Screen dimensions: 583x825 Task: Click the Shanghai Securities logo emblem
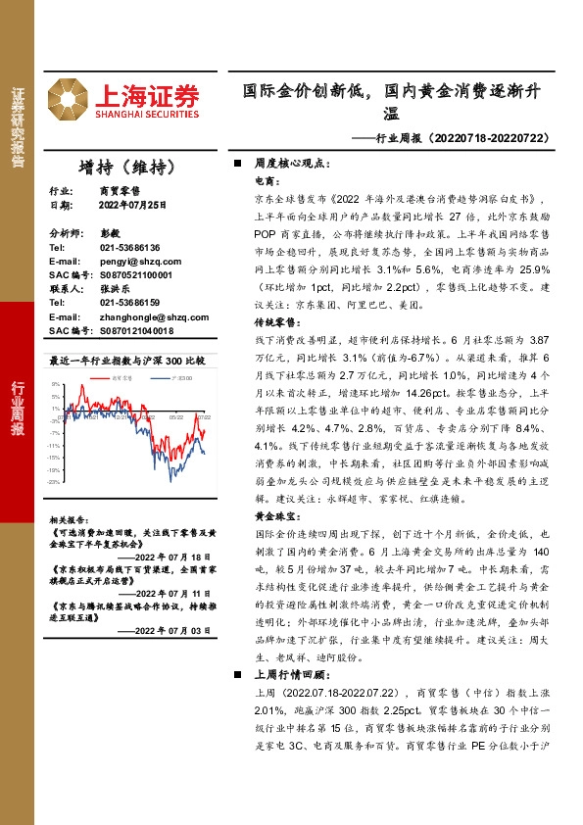point(73,95)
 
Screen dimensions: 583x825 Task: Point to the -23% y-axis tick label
point(55,482)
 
